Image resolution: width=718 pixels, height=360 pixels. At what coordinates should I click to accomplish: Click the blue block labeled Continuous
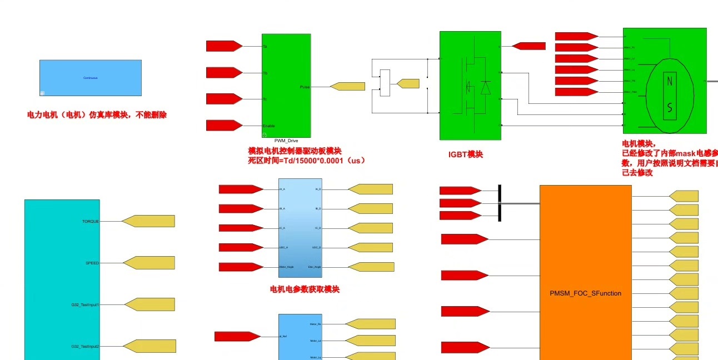(x=90, y=78)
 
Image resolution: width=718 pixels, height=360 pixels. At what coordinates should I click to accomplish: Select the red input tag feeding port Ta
(x=224, y=46)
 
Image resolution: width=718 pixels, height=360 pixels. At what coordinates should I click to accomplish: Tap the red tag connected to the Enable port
(x=224, y=126)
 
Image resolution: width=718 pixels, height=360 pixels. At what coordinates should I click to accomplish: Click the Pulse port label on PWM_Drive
(x=305, y=87)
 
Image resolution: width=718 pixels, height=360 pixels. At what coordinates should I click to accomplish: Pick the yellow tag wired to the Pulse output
(x=347, y=86)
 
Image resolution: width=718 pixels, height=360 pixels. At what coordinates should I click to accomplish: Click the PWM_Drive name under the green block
(x=286, y=141)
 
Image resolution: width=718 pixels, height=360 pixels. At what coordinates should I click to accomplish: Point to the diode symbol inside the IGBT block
(x=485, y=88)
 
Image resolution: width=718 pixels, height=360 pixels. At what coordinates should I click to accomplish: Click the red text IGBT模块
(x=466, y=154)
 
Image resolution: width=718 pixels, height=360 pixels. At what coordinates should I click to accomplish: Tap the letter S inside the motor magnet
(x=670, y=108)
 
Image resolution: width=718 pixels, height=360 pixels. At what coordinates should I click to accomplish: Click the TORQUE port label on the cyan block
(x=91, y=221)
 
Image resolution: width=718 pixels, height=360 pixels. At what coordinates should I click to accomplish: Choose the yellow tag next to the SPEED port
(x=148, y=263)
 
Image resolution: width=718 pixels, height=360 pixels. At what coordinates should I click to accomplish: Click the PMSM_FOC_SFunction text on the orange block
(x=585, y=293)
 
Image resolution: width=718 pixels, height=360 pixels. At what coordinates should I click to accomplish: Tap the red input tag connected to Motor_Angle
(x=241, y=267)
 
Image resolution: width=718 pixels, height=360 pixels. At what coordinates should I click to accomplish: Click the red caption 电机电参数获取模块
(x=305, y=289)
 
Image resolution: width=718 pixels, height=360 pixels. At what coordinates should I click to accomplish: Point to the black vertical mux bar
(x=500, y=202)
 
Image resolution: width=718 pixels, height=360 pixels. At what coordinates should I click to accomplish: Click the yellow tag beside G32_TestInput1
(x=149, y=304)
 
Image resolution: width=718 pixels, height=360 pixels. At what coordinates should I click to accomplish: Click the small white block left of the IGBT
(x=385, y=83)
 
